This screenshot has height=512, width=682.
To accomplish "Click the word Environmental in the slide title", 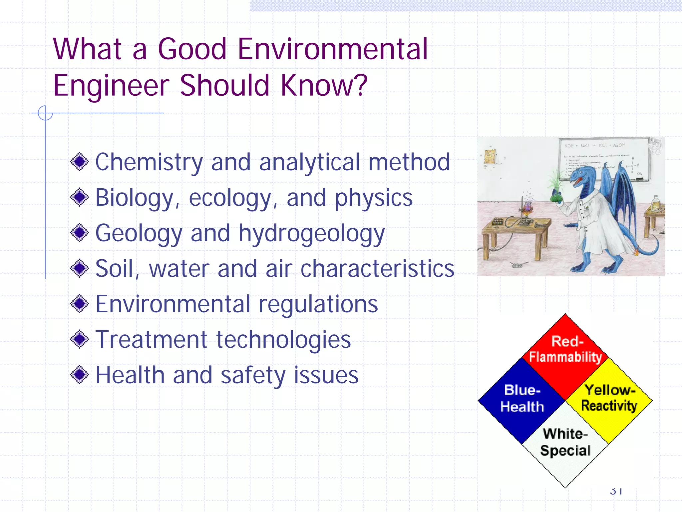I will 332,49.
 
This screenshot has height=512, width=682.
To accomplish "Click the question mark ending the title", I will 360,85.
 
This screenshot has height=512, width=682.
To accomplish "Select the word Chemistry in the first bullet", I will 149,162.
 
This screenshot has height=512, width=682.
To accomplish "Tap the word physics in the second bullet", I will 373,198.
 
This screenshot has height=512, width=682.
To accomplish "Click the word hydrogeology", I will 311,234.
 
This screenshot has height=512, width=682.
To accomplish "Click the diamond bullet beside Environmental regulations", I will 80,304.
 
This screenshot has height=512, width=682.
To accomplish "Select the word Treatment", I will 152,340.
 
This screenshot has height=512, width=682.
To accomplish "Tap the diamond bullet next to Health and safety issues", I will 80,375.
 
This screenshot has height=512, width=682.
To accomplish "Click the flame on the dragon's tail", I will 636,250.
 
